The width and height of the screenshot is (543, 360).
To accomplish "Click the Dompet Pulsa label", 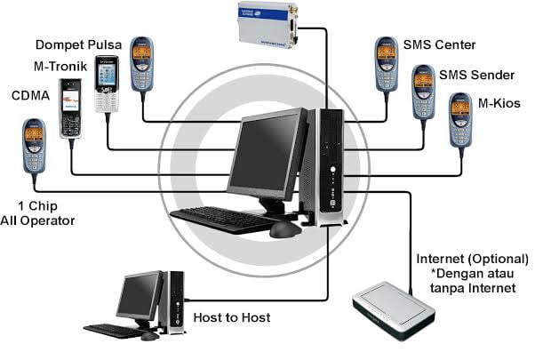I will click(x=78, y=44).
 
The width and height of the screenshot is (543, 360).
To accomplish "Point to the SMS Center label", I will click(x=439, y=45).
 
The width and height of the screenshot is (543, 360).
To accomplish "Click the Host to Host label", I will click(x=231, y=317).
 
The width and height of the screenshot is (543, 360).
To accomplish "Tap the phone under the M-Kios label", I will click(x=460, y=120).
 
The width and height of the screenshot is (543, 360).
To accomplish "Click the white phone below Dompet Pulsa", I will click(x=107, y=84).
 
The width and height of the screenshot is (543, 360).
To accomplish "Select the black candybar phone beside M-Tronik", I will click(x=71, y=107).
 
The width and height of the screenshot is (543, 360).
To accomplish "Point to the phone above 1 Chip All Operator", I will click(x=33, y=147).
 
